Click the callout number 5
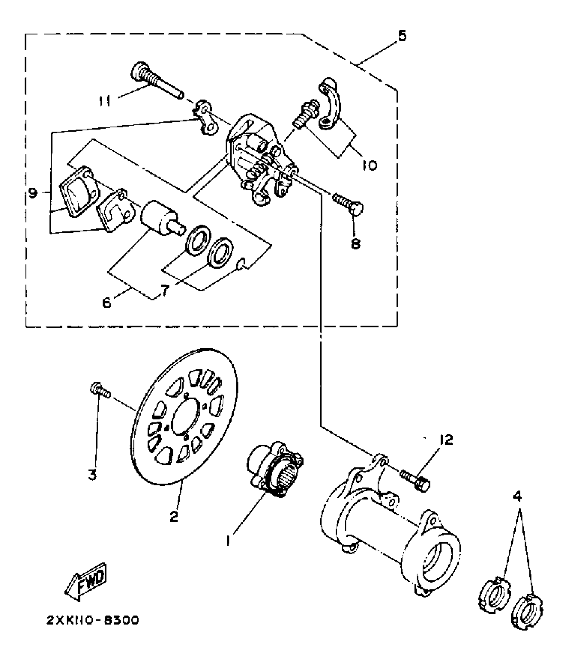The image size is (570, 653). click(402, 36)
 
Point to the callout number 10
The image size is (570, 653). click(369, 164)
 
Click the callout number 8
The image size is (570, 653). click(355, 243)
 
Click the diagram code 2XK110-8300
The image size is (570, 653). click(92, 620)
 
